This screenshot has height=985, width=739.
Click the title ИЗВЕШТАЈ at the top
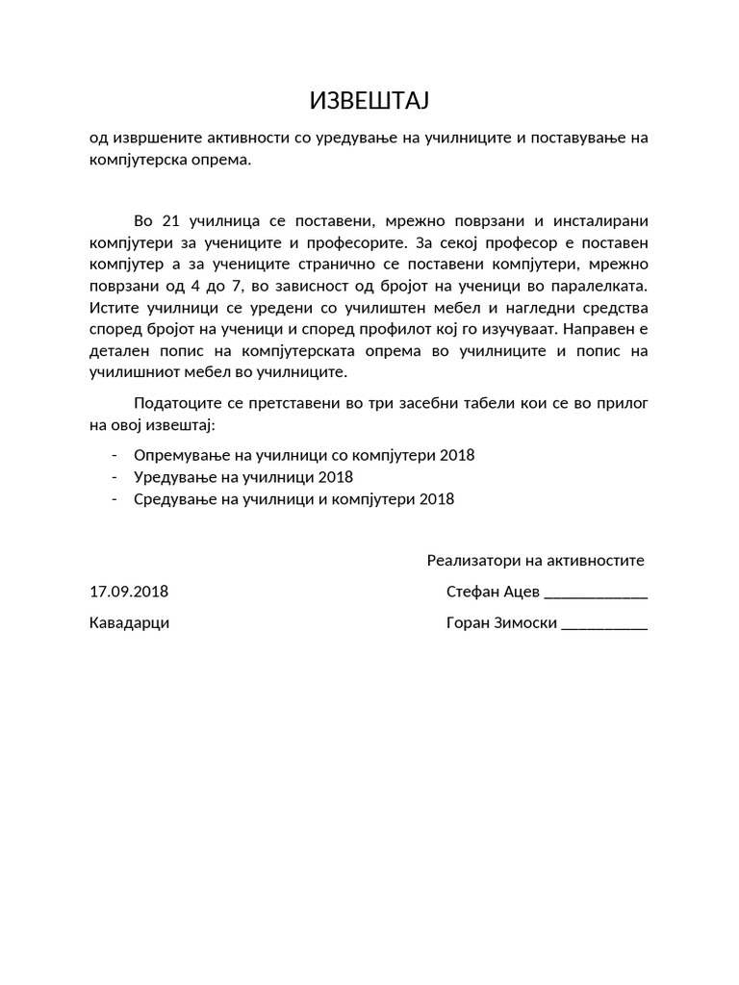[x=369, y=101]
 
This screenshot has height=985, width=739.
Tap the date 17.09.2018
[x=128, y=592]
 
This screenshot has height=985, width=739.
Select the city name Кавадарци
[x=129, y=622]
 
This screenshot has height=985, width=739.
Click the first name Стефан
[x=471, y=592]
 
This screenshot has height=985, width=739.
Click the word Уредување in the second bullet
[x=170, y=477]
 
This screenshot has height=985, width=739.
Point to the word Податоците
[x=177, y=402]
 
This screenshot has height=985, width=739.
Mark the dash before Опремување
[x=115, y=455]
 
